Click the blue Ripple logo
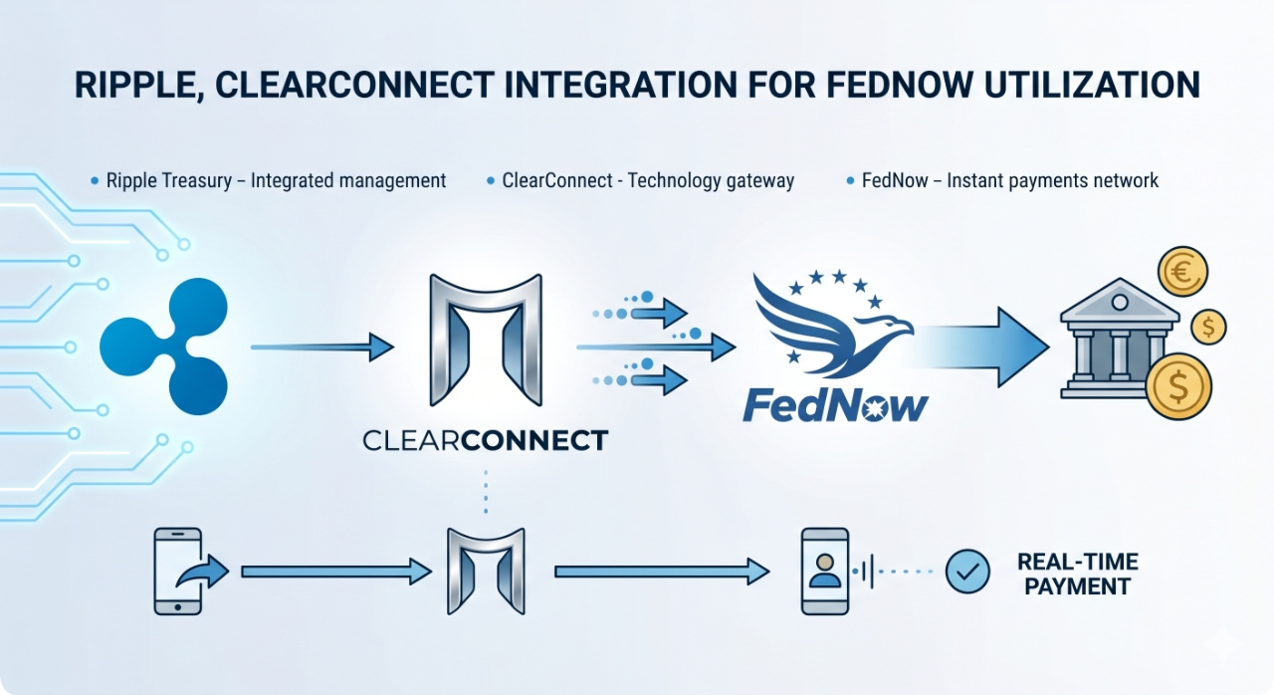pyautogui.click(x=164, y=347)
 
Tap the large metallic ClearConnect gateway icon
pyautogui.click(x=485, y=342)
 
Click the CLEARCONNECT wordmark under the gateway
pyautogui.click(x=485, y=440)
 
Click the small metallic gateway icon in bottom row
pyautogui.click(x=485, y=571)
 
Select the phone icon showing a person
pyautogui.click(x=824, y=571)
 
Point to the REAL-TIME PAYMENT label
pyautogui.click(x=1077, y=574)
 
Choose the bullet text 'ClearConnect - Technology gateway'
pyautogui.click(x=648, y=181)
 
